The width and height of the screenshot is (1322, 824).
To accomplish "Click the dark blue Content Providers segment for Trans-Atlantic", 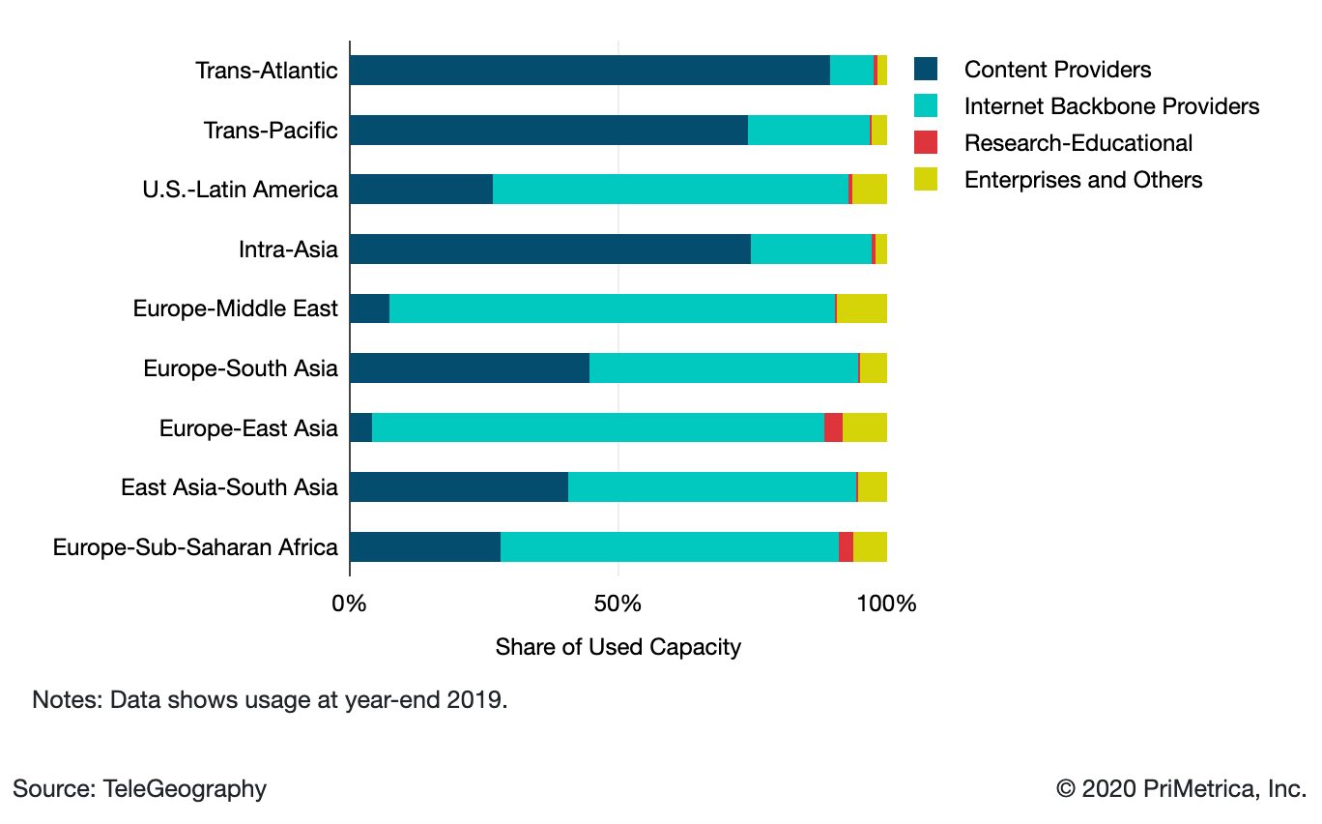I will click(x=589, y=71).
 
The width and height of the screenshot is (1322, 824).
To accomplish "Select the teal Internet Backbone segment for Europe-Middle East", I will click(x=612, y=309).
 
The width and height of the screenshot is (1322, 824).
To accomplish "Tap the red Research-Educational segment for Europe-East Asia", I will click(x=833, y=428).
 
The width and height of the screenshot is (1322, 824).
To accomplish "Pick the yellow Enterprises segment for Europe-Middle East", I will click(x=862, y=309).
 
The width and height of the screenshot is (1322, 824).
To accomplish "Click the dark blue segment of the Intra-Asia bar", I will click(x=550, y=250).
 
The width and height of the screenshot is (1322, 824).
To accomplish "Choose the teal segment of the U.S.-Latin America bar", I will click(x=670, y=190).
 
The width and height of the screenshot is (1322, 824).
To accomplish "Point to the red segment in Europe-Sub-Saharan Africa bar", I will click(x=846, y=547).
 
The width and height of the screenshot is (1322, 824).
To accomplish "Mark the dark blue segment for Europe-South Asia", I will click(x=469, y=368).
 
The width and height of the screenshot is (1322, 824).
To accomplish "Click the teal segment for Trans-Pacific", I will click(x=809, y=131).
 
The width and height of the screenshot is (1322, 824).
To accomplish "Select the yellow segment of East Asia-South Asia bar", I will click(x=873, y=487).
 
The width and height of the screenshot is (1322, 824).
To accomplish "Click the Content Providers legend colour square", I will click(x=926, y=70).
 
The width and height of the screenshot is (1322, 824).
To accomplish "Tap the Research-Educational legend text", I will click(x=1078, y=143).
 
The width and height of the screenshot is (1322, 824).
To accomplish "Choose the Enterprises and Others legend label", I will click(x=1083, y=180).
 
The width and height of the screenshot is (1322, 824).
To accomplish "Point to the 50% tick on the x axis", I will click(x=618, y=604).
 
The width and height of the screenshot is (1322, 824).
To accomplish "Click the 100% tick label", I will click(x=885, y=604).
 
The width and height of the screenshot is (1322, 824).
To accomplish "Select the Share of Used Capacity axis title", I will click(x=618, y=647).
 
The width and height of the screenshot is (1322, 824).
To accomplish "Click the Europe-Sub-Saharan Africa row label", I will click(x=195, y=547).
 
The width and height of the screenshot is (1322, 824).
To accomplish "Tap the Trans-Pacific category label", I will click(x=271, y=131).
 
